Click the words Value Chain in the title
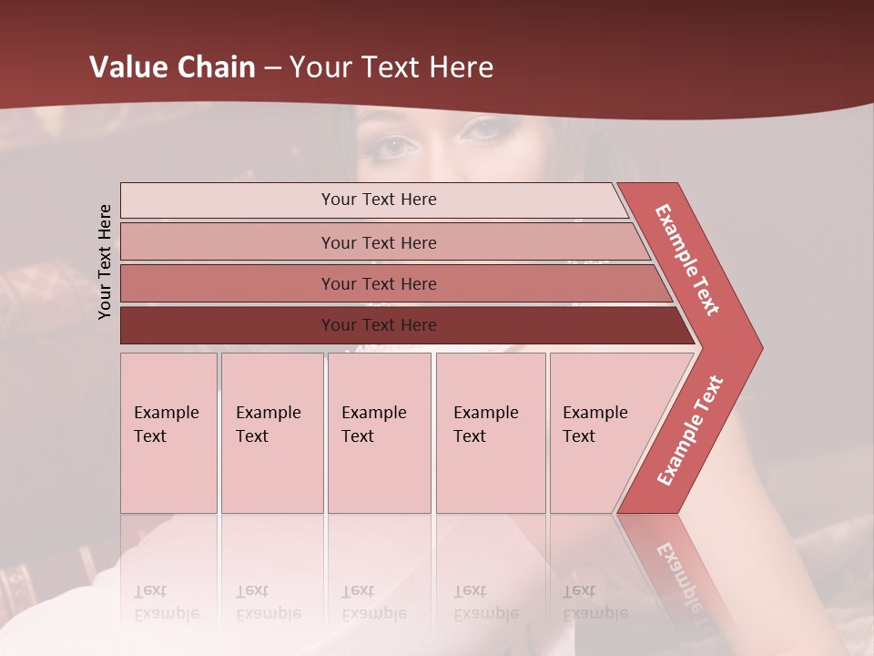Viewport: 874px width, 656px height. pyautogui.click(x=172, y=67)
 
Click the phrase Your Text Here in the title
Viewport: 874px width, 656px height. pyautogui.click(x=391, y=67)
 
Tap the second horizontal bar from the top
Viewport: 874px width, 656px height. pyautogui.click(x=378, y=242)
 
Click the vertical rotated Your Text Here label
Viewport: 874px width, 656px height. pyautogui.click(x=105, y=261)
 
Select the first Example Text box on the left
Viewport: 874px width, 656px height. pyautogui.click(x=168, y=433)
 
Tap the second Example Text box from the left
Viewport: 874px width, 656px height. pyautogui.click(x=272, y=433)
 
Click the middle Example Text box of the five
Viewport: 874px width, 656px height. pyautogui.click(x=379, y=433)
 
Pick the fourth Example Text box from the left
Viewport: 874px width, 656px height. pyautogui.click(x=491, y=433)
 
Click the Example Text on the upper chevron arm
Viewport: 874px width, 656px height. pyautogui.click(x=687, y=260)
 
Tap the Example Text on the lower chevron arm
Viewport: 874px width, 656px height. pyautogui.click(x=690, y=431)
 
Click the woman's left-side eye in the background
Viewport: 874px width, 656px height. pyautogui.click(x=393, y=144)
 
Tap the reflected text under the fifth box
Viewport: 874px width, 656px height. pyautogui.click(x=583, y=601)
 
